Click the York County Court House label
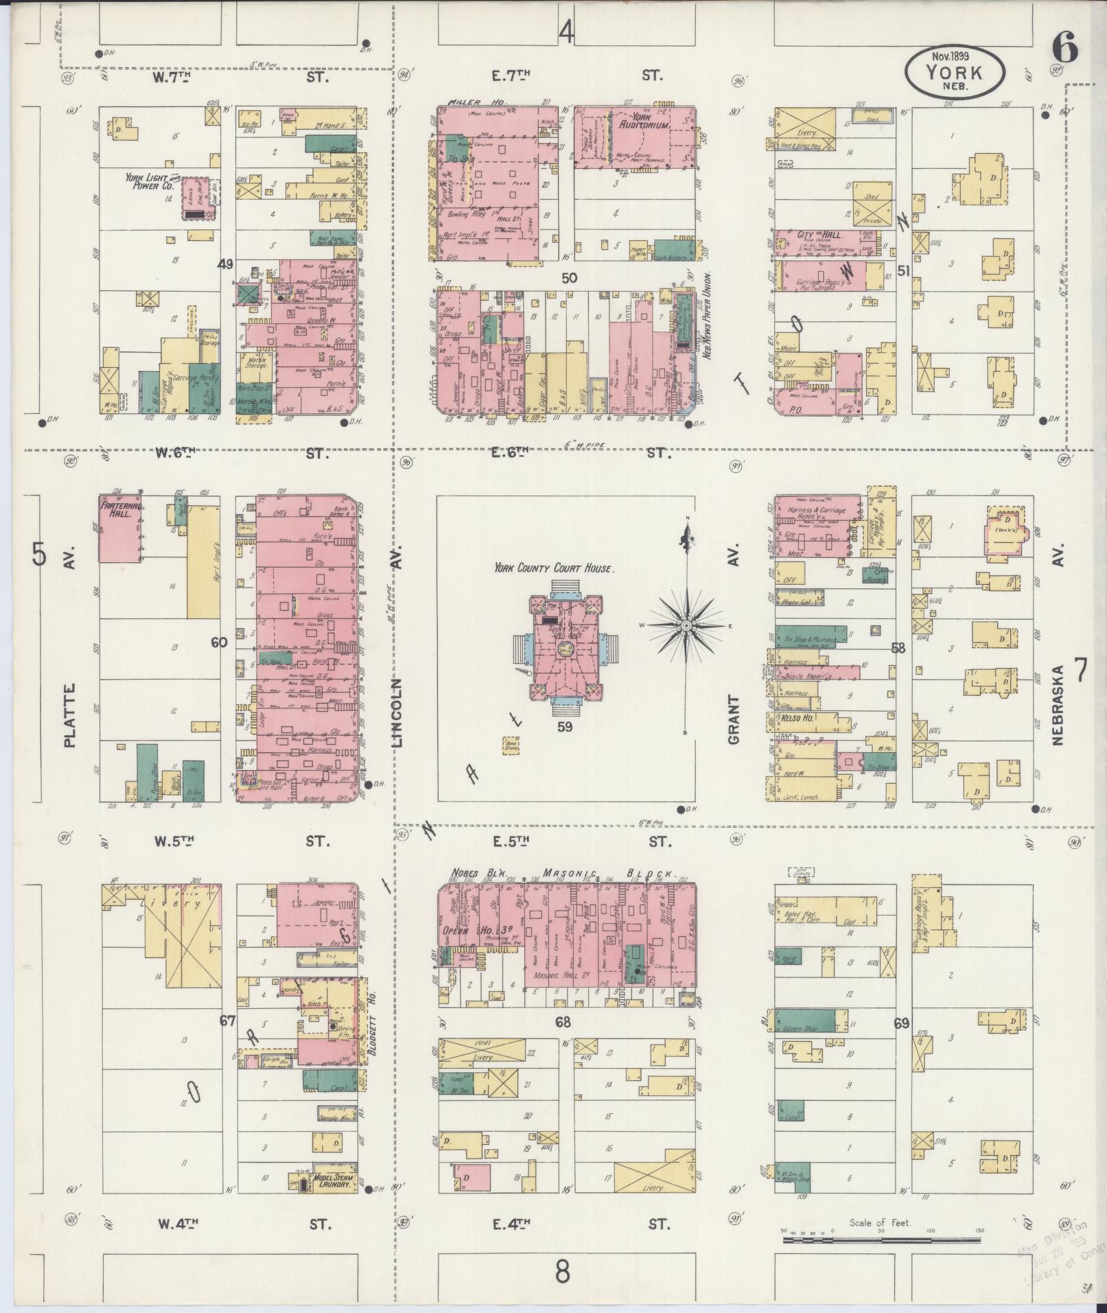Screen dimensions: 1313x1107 (553, 568)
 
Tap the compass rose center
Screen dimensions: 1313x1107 (686, 626)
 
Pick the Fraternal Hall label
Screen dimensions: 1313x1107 (122, 509)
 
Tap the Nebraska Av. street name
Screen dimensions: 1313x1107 (1056, 704)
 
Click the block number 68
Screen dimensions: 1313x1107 (563, 1022)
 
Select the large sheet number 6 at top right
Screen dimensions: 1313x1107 (1064, 49)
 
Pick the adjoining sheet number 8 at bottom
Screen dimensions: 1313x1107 (562, 1272)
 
